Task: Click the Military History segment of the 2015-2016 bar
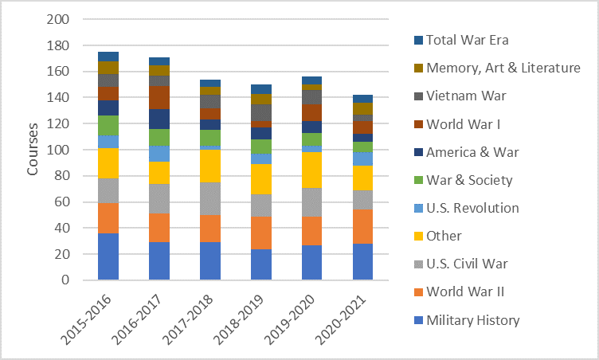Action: click(x=108, y=256)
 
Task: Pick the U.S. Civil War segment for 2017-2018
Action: click(x=210, y=198)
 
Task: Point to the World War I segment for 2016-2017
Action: click(x=159, y=97)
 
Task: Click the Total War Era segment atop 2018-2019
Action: click(x=261, y=89)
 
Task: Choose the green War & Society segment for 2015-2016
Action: click(x=108, y=125)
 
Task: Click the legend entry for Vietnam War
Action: click(x=467, y=96)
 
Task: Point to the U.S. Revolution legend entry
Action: click(x=472, y=208)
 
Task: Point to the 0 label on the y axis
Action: click(x=66, y=280)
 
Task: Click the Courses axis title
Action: click(x=32, y=150)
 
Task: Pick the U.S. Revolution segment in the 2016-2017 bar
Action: click(x=159, y=154)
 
